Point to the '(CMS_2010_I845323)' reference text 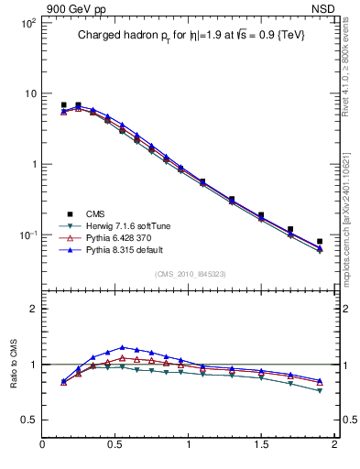pos(190,273)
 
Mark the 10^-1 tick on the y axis pos(27,235)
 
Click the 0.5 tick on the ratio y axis pos(28,420)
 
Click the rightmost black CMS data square pos(320,242)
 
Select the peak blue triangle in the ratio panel pos(122,347)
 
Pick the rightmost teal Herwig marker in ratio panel pos(320,391)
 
